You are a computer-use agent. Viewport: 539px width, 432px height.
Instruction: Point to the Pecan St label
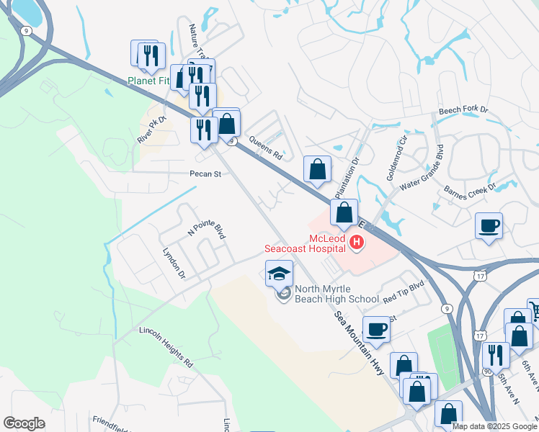point(204,174)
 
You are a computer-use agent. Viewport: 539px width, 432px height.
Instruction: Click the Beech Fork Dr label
point(464,112)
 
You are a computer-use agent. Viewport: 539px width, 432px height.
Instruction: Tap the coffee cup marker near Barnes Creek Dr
point(489,227)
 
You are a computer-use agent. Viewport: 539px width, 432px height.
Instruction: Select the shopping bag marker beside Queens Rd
point(317,170)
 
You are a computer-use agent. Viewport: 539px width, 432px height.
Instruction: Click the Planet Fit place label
point(149,81)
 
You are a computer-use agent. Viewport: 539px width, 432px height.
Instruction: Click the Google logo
point(24,423)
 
